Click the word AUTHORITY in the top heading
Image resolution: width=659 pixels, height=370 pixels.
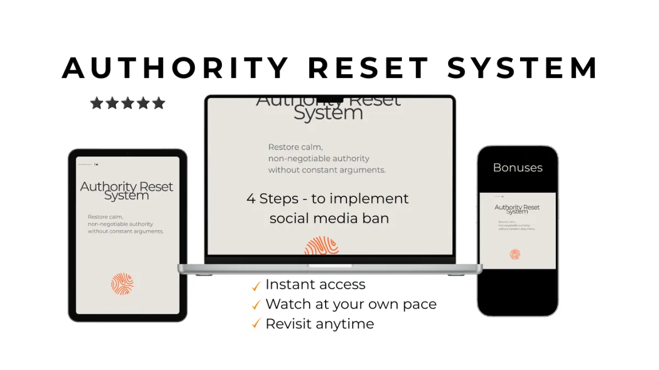(x=175, y=69)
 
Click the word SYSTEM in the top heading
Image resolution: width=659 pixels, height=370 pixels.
(x=522, y=69)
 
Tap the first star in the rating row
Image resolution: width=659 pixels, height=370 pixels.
(x=97, y=103)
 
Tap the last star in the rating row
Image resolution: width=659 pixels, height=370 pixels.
(x=159, y=103)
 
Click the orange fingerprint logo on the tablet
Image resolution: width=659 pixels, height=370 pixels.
(x=122, y=284)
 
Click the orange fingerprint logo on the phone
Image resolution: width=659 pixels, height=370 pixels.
(x=515, y=254)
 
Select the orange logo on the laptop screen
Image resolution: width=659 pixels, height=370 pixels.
(x=322, y=246)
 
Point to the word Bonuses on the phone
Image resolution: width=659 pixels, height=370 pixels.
(x=517, y=167)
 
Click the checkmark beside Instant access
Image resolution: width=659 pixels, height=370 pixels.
(x=256, y=286)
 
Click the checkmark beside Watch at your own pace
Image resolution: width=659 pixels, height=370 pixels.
(x=256, y=305)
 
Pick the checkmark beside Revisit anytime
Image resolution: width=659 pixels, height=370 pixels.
(x=256, y=324)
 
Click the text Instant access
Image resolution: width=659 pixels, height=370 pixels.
(x=315, y=284)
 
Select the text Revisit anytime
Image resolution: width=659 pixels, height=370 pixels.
(x=320, y=324)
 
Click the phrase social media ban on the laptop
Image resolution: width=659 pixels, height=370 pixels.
(x=329, y=218)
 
